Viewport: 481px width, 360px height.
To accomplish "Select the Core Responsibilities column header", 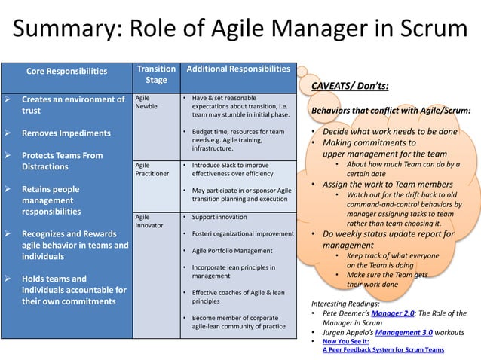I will coord(66,72).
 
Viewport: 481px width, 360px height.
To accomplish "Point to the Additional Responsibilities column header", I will coord(237,69).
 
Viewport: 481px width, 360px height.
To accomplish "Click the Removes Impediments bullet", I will coord(66,133).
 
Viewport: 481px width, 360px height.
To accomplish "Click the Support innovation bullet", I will coord(219,217).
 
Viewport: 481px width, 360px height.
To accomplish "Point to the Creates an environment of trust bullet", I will coord(72,105).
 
